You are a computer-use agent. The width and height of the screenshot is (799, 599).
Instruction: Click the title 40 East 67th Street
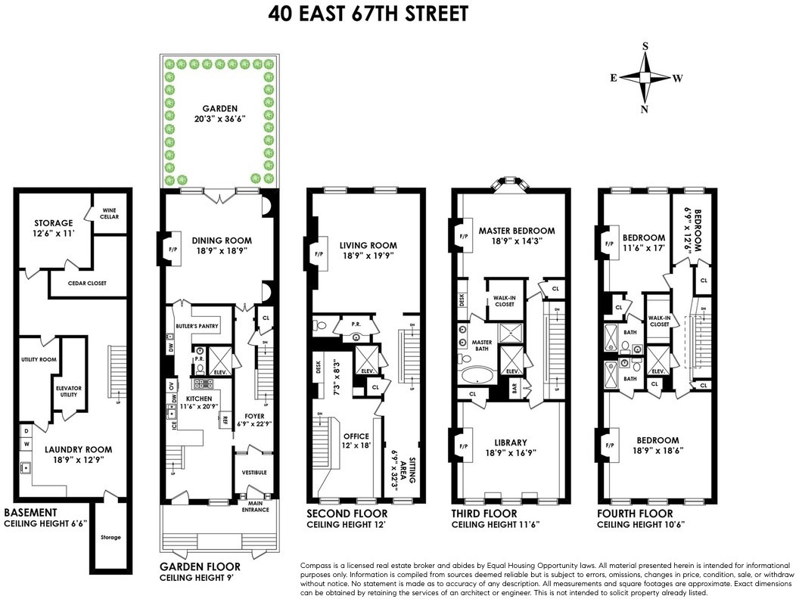point(368,14)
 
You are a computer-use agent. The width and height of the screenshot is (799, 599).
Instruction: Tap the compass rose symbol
point(645,78)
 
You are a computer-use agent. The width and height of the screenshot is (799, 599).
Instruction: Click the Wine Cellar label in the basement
point(110,213)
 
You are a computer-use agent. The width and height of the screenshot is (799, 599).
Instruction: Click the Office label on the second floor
point(356,436)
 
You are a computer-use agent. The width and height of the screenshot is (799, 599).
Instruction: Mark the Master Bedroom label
point(517,231)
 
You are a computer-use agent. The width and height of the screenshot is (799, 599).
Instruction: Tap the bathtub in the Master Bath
point(476,374)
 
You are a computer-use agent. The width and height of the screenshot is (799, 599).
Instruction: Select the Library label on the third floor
point(511,442)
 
